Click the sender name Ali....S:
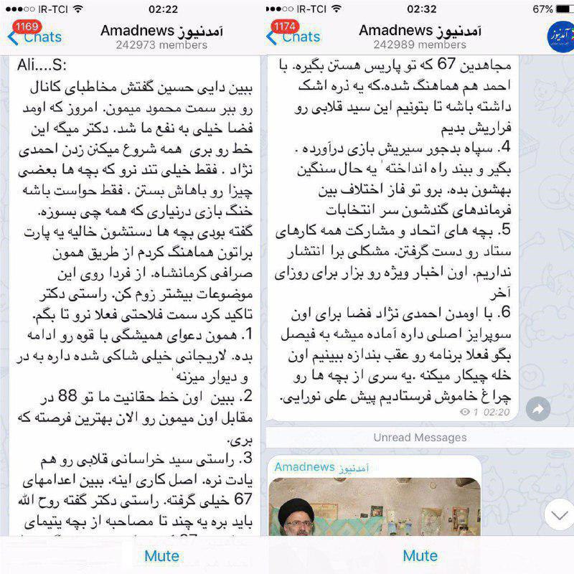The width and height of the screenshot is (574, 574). click(42, 66)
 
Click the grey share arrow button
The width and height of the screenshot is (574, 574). click(537, 409)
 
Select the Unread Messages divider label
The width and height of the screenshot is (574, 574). click(420, 437)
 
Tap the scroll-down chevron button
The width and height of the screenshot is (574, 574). click(557, 514)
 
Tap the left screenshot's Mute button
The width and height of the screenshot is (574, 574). click(161, 555)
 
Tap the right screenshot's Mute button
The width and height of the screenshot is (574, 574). click(420, 555)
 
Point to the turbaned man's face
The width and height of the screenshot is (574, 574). click(301, 518)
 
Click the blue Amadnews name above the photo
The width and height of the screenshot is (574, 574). click(305, 467)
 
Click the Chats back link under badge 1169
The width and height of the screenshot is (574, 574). click(42, 37)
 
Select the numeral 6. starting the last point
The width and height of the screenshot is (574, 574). click(502, 314)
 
